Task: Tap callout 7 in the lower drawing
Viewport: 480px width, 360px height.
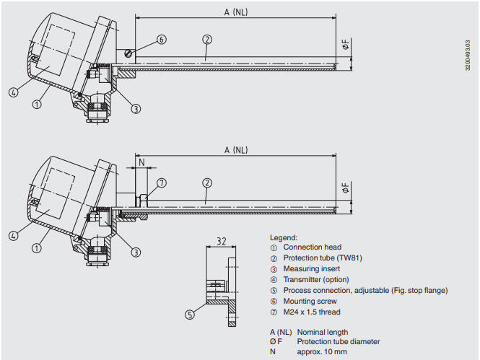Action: [x=162, y=183]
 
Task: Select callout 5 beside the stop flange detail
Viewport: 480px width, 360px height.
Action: [x=190, y=315]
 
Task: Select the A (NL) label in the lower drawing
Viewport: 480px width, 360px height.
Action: [x=235, y=150]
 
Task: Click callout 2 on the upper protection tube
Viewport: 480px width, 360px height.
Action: [x=207, y=40]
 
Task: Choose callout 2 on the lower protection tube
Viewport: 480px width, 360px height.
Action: [x=207, y=183]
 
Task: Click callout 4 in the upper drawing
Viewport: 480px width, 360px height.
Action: [x=14, y=92]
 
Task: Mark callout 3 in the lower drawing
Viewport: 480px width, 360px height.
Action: [x=136, y=252]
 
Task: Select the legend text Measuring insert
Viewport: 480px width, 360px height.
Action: [x=312, y=268]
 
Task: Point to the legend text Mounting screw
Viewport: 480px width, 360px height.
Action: [x=310, y=301]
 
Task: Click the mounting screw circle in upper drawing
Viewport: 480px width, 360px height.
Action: [x=128, y=52]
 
